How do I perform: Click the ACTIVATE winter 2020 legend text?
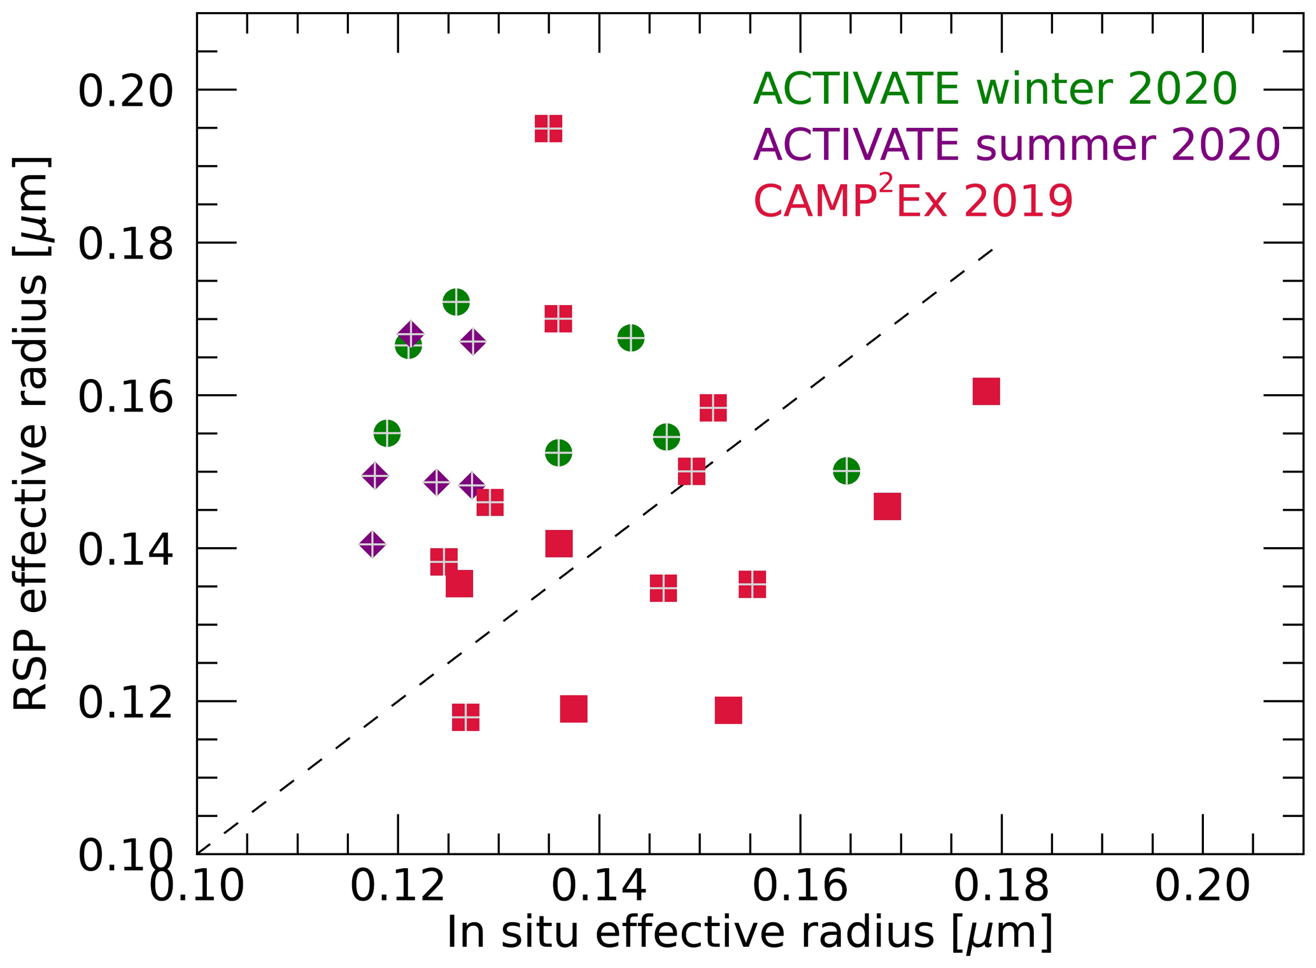tap(994, 89)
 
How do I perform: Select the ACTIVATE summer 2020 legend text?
tap(1016, 145)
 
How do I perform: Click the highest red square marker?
tap(548, 129)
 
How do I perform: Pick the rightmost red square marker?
tap(986, 391)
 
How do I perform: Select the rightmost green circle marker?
tap(846, 471)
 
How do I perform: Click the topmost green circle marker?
tap(456, 301)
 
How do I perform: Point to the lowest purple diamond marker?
tap(372, 544)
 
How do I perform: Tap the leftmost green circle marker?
tap(387, 434)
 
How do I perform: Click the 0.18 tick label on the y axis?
tap(125, 243)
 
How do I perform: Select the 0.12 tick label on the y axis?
tap(125, 702)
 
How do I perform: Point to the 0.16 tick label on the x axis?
tap(800, 886)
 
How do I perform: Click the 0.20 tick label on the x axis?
tap(1202, 886)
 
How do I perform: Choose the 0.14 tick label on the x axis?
tap(598, 886)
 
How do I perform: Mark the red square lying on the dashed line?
tap(691, 471)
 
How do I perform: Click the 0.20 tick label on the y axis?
tap(125, 90)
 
